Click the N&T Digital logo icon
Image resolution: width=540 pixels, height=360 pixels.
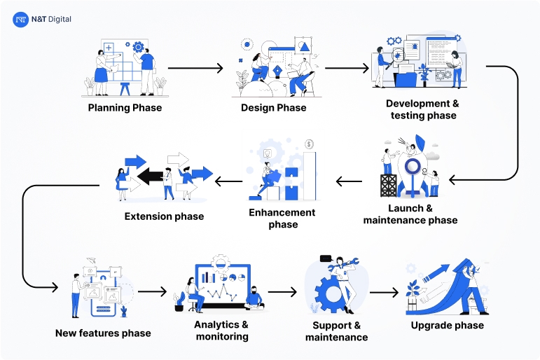(21, 20)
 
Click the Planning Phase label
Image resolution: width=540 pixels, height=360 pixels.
(125, 108)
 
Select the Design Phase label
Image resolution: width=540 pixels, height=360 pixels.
(273, 108)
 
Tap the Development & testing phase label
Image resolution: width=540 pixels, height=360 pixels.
(422, 109)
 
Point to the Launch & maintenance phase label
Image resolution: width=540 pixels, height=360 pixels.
(410, 214)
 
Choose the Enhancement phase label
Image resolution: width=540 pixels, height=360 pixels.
(282, 219)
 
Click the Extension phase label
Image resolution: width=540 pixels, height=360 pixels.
(164, 216)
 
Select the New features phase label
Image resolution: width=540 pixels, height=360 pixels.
(103, 333)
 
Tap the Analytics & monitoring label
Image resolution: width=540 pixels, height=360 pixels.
(221, 331)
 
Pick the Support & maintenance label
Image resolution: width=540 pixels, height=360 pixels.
(336, 331)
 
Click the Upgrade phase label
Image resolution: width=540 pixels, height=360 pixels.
(447, 326)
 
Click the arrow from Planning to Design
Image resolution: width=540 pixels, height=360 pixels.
(195, 69)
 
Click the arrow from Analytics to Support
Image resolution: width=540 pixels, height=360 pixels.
(282, 292)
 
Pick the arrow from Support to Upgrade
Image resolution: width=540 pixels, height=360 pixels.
(384, 293)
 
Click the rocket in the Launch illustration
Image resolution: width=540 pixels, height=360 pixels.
(414, 168)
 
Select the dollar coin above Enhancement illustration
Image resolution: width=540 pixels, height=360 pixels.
(309, 145)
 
